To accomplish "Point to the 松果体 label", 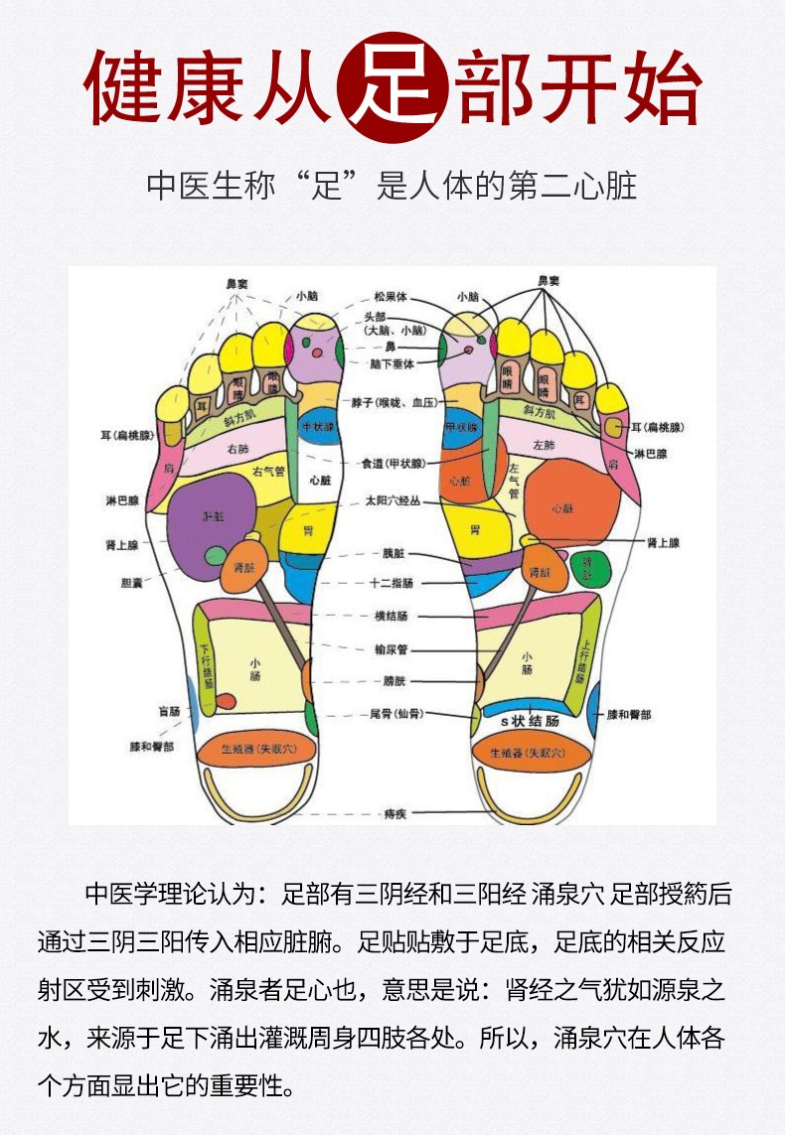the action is click(391, 296).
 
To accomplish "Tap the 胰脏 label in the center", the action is click(392, 553).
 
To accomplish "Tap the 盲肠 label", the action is click(168, 711).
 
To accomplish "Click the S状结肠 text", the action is click(529, 721).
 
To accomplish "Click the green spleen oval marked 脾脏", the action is click(589, 566).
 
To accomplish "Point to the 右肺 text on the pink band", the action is click(237, 450).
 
